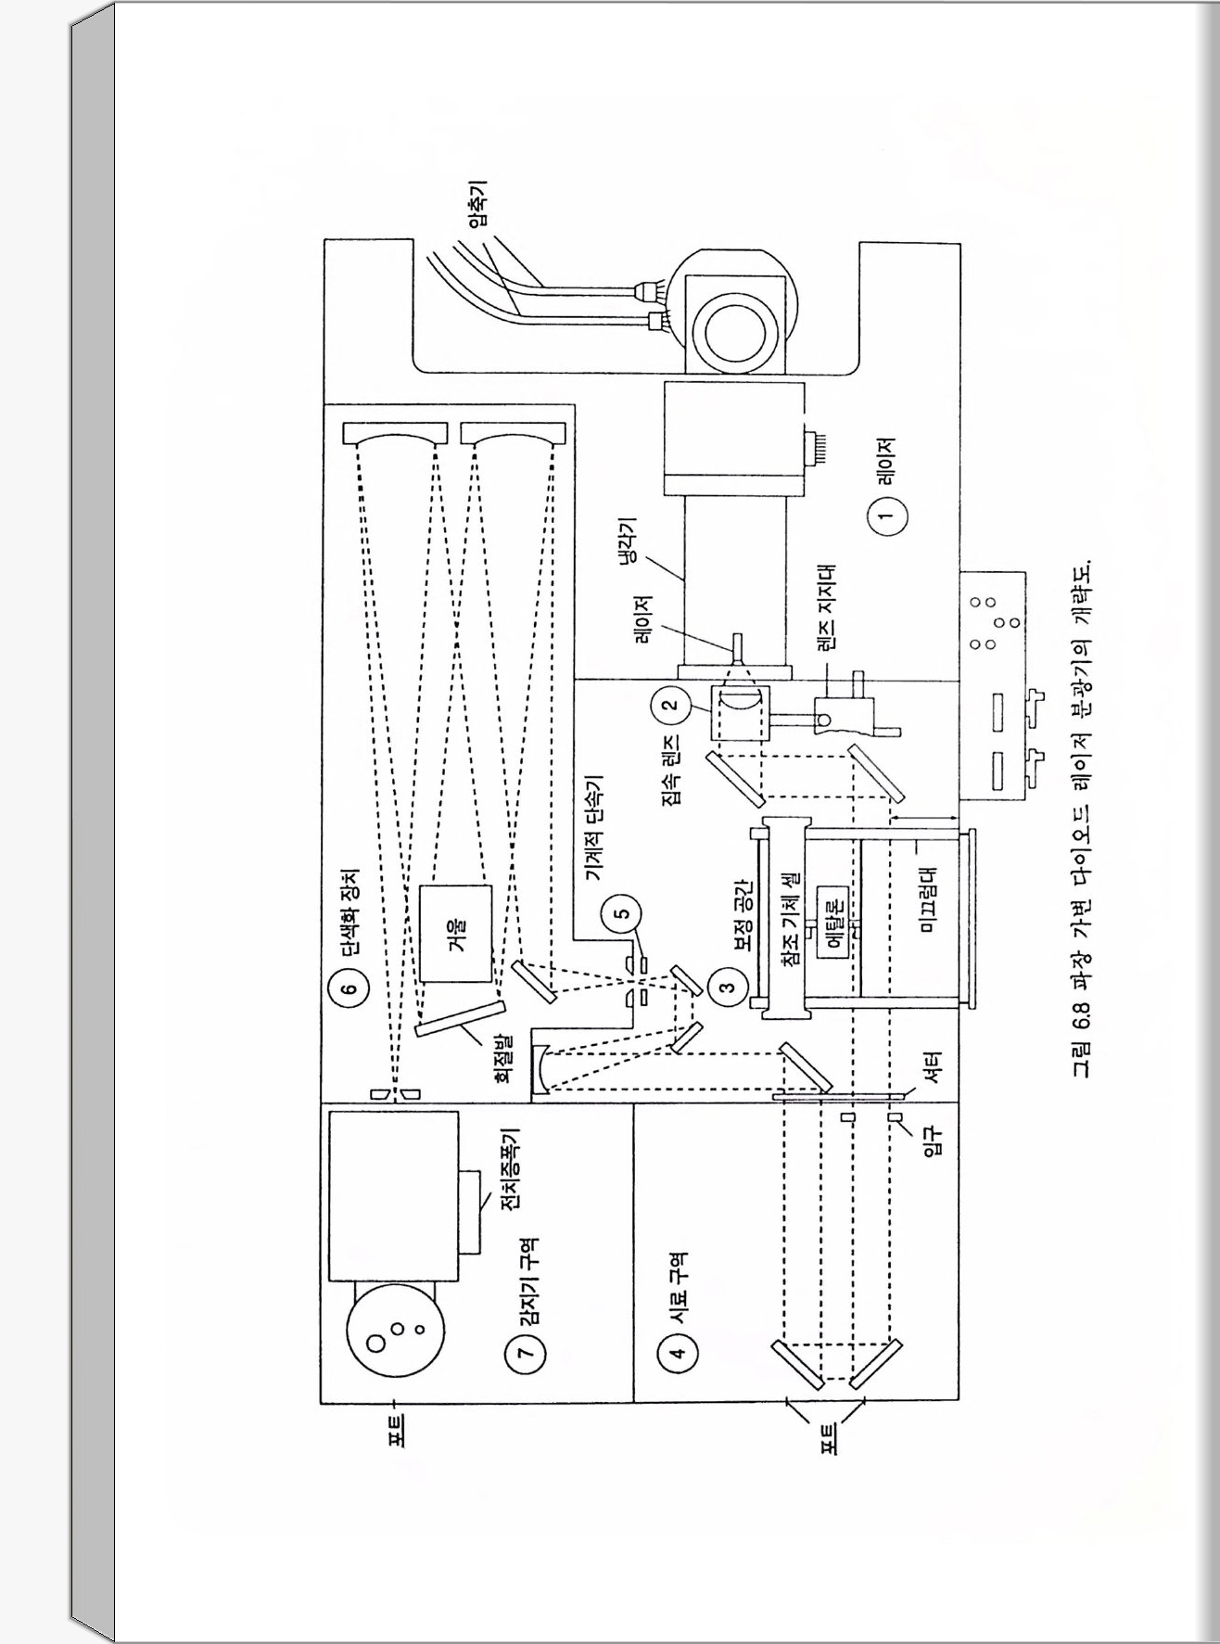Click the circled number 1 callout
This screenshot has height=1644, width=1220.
(886, 516)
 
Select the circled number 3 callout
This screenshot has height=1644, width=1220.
(728, 986)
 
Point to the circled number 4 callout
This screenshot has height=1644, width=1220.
(677, 1352)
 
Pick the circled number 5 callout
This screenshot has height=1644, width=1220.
(623, 912)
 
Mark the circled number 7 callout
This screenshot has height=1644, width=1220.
(525, 1353)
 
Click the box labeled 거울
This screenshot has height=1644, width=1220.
(456, 933)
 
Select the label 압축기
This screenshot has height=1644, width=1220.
(478, 209)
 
